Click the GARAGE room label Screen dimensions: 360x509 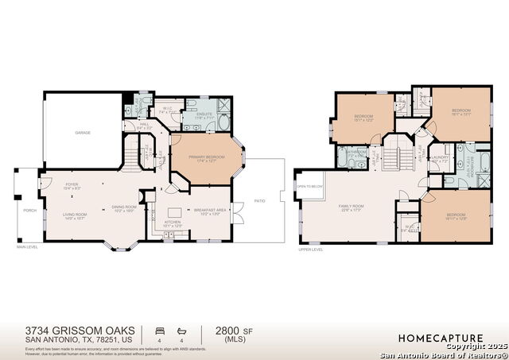[83, 133]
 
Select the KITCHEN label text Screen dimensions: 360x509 [173, 222]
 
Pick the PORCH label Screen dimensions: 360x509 [29, 211]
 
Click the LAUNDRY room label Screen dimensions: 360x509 [439, 157]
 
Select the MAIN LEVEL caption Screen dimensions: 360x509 [28, 247]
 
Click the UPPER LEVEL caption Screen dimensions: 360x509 [310, 250]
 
